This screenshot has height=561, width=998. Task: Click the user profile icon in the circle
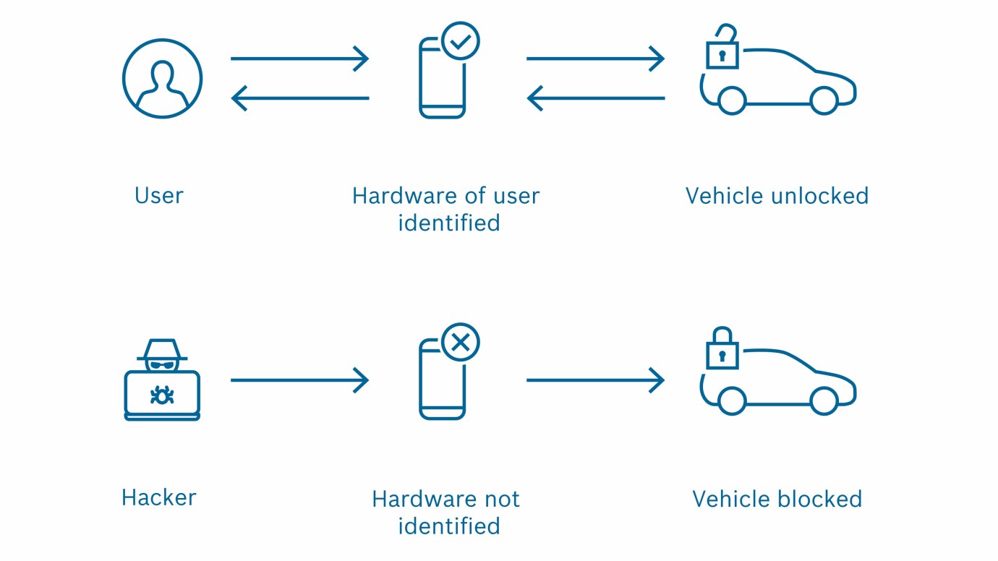(x=162, y=78)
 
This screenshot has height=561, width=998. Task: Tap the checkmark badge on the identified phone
(x=459, y=40)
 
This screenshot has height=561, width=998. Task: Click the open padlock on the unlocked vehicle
(x=722, y=51)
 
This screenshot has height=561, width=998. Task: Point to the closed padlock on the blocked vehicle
(x=722, y=351)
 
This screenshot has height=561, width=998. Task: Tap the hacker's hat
(x=162, y=351)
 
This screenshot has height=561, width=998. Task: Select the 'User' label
(x=159, y=196)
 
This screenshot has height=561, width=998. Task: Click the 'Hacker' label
(x=159, y=497)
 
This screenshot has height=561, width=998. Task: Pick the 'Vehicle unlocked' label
(x=777, y=196)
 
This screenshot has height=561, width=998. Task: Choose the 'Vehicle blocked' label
(x=777, y=499)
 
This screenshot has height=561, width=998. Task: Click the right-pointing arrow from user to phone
(x=299, y=59)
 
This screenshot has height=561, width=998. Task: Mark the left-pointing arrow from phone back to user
(x=299, y=98)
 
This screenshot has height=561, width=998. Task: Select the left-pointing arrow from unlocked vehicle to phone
(x=595, y=98)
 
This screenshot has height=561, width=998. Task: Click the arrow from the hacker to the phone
(x=299, y=380)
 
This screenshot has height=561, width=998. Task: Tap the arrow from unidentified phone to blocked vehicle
(x=595, y=380)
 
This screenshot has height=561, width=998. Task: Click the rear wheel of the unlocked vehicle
(x=732, y=100)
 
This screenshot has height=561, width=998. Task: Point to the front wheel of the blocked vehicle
(x=823, y=401)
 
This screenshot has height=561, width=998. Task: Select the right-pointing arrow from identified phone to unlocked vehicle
(x=595, y=59)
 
